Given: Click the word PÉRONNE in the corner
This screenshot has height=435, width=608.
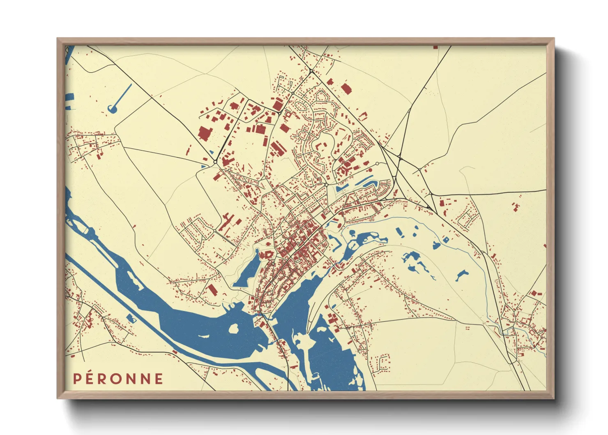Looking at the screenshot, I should (118, 379).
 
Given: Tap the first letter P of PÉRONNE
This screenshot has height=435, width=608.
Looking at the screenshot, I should (76, 379).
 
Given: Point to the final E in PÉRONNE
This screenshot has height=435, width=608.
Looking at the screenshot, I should (159, 379).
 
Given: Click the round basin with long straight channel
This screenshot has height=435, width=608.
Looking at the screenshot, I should (112, 109).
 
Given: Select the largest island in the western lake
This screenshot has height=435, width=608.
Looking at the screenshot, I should (233, 329).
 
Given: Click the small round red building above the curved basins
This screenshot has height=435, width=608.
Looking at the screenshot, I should (371, 170).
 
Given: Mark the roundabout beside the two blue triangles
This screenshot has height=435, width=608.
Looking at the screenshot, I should (215, 162).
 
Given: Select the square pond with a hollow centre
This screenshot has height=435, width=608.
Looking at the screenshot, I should (131, 318).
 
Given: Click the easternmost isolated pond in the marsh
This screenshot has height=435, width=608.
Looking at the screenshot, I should (462, 275).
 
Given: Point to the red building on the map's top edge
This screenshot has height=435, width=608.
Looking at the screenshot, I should (435, 47).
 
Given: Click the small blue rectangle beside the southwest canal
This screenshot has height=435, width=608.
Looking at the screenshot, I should (131, 318).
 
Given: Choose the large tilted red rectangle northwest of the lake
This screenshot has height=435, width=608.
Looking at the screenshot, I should (212, 289).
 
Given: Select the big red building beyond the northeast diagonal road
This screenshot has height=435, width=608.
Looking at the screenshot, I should (346, 88).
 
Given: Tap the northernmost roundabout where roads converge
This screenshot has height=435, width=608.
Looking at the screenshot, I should (311, 71).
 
